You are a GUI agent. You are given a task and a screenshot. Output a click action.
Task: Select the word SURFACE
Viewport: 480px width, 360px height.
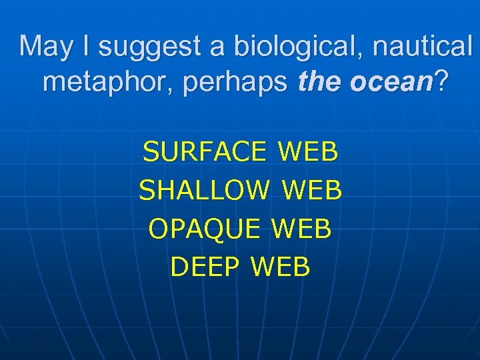(204, 153)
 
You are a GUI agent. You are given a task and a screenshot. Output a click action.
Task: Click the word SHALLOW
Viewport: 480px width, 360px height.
(204, 191)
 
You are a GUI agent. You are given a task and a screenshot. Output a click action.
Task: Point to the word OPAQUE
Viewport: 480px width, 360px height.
(204, 229)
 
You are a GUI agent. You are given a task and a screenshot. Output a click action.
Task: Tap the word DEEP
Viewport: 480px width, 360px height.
(205, 267)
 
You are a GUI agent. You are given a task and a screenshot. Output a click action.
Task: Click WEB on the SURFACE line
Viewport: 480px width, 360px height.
(309, 153)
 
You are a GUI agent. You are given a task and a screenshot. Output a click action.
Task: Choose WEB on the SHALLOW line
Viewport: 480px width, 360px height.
(312, 191)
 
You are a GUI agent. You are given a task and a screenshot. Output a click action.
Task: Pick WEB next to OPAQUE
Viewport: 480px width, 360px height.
(301, 229)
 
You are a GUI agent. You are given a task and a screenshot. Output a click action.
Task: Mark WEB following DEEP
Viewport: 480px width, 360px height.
(281, 267)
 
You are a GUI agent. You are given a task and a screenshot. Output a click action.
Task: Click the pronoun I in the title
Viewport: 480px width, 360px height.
(86, 47)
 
